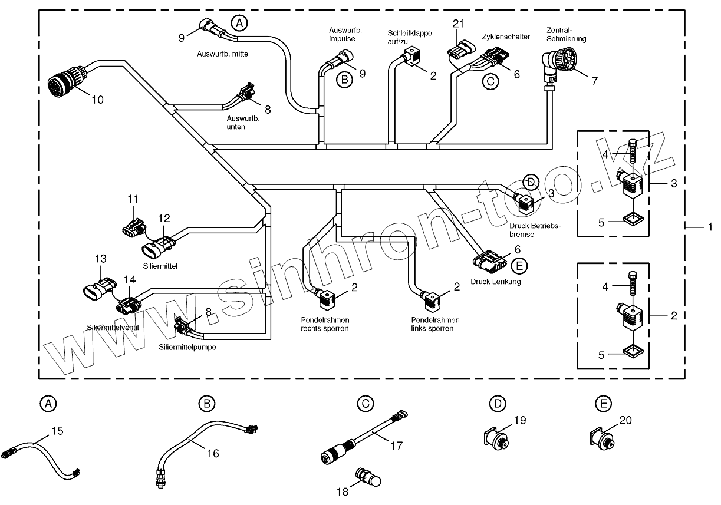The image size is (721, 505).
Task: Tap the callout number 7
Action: [594, 81]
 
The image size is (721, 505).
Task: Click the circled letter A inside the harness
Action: [239, 23]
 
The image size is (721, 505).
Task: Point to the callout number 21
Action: [459, 24]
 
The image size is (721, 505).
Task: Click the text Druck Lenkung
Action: [495, 281]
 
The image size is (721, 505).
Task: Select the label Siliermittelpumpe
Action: [187, 347]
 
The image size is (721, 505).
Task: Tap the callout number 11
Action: [133, 199]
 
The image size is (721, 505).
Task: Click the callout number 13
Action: [101, 258]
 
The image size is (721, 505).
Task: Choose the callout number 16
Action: [212, 453]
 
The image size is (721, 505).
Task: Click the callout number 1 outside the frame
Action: [710, 226]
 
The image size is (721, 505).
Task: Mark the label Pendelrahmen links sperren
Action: [435, 324]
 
